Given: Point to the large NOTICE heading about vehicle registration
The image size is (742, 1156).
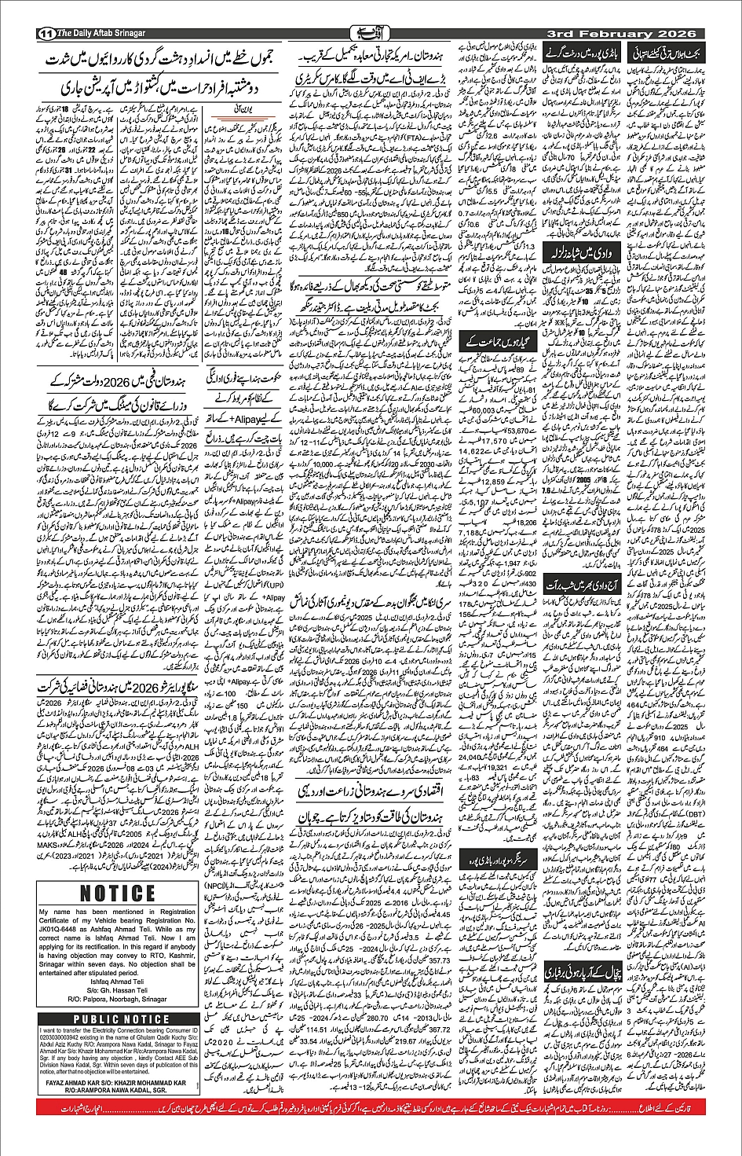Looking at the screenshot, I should pyautogui.click(x=118, y=894).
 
